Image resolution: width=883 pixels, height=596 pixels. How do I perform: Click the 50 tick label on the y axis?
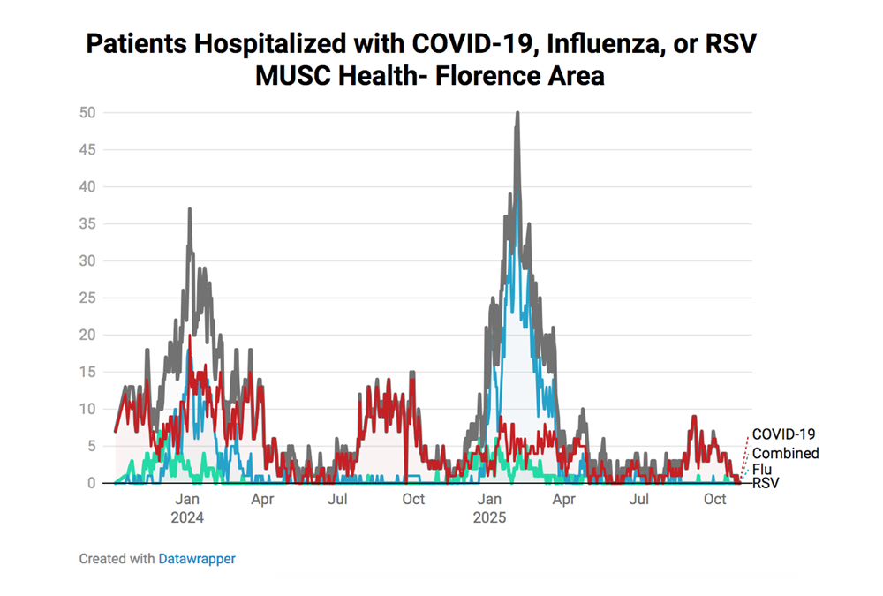tap(87, 112)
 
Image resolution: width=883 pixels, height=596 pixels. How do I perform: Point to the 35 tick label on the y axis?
tap(87, 223)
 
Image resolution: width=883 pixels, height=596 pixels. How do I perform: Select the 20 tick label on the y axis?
tap(87, 335)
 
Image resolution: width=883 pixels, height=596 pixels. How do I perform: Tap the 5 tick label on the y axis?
tap(90, 446)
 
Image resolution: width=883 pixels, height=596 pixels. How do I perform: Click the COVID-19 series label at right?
tap(783, 434)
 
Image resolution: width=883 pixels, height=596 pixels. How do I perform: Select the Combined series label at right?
tap(785, 453)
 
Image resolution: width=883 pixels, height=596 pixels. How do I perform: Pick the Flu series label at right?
tap(762, 469)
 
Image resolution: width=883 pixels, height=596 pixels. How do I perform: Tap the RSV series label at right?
tap(766, 483)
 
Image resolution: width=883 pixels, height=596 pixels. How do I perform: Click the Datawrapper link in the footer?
tap(197, 559)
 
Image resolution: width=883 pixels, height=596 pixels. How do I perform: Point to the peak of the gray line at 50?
tap(517, 113)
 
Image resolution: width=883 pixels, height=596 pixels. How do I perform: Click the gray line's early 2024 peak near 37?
tap(189, 209)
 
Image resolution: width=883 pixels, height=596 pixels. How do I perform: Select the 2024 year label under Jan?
tap(187, 517)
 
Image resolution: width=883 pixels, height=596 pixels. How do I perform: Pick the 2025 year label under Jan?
tap(489, 517)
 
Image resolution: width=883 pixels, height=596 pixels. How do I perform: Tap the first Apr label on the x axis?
tap(262, 500)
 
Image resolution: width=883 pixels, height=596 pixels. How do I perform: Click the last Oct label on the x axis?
tap(714, 500)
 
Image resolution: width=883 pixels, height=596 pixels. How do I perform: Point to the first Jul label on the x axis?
tap(337, 500)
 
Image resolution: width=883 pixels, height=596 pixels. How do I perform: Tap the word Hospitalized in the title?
tap(240, 45)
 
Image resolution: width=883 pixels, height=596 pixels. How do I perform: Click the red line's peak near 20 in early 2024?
tap(190, 336)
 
